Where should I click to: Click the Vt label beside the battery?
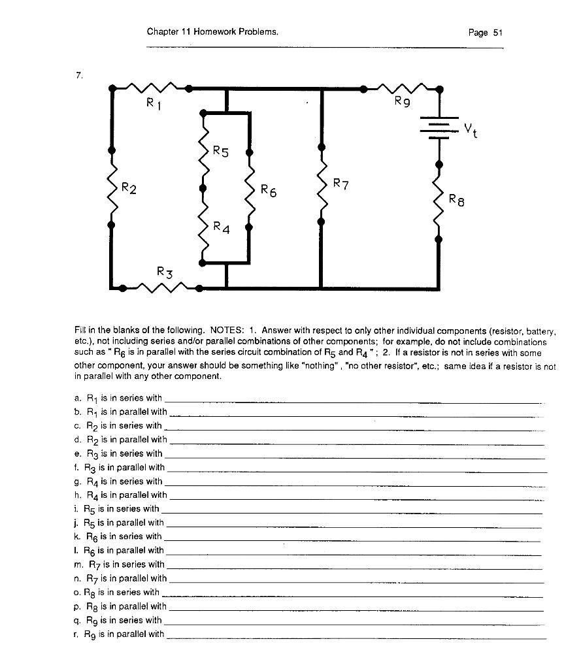point(471,131)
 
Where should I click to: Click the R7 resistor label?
point(341,184)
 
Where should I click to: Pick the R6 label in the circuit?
point(269,191)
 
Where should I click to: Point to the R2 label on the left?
point(129,189)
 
